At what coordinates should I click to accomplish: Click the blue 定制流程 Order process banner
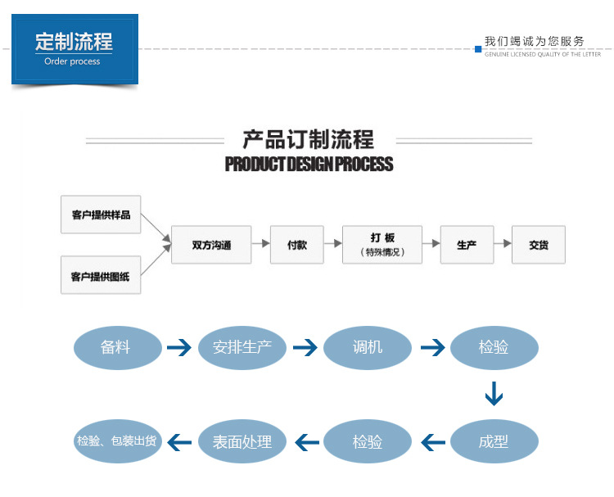click(74, 49)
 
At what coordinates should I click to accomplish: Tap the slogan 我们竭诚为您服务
click(535, 41)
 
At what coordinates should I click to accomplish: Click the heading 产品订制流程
click(309, 139)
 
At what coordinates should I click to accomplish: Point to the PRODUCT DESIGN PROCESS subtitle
click(309, 165)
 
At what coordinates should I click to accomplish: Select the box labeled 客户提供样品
click(101, 215)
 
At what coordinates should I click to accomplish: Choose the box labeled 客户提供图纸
click(101, 276)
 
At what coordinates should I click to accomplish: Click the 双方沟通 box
click(211, 245)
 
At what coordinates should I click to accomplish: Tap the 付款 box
click(297, 245)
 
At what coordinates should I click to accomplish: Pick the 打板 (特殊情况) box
click(382, 245)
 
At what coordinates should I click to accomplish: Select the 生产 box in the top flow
click(467, 245)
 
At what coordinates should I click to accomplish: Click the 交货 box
click(539, 245)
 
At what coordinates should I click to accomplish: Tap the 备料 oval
click(115, 348)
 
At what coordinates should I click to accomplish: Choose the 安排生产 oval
click(242, 348)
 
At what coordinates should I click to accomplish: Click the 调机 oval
click(368, 348)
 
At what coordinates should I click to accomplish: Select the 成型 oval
click(494, 442)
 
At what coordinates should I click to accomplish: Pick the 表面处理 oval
click(242, 442)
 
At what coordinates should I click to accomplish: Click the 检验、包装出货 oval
click(116, 442)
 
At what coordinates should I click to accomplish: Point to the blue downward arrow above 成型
click(494, 395)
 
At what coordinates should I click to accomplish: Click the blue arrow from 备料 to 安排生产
click(178, 349)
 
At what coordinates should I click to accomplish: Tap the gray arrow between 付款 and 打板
click(332, 244)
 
